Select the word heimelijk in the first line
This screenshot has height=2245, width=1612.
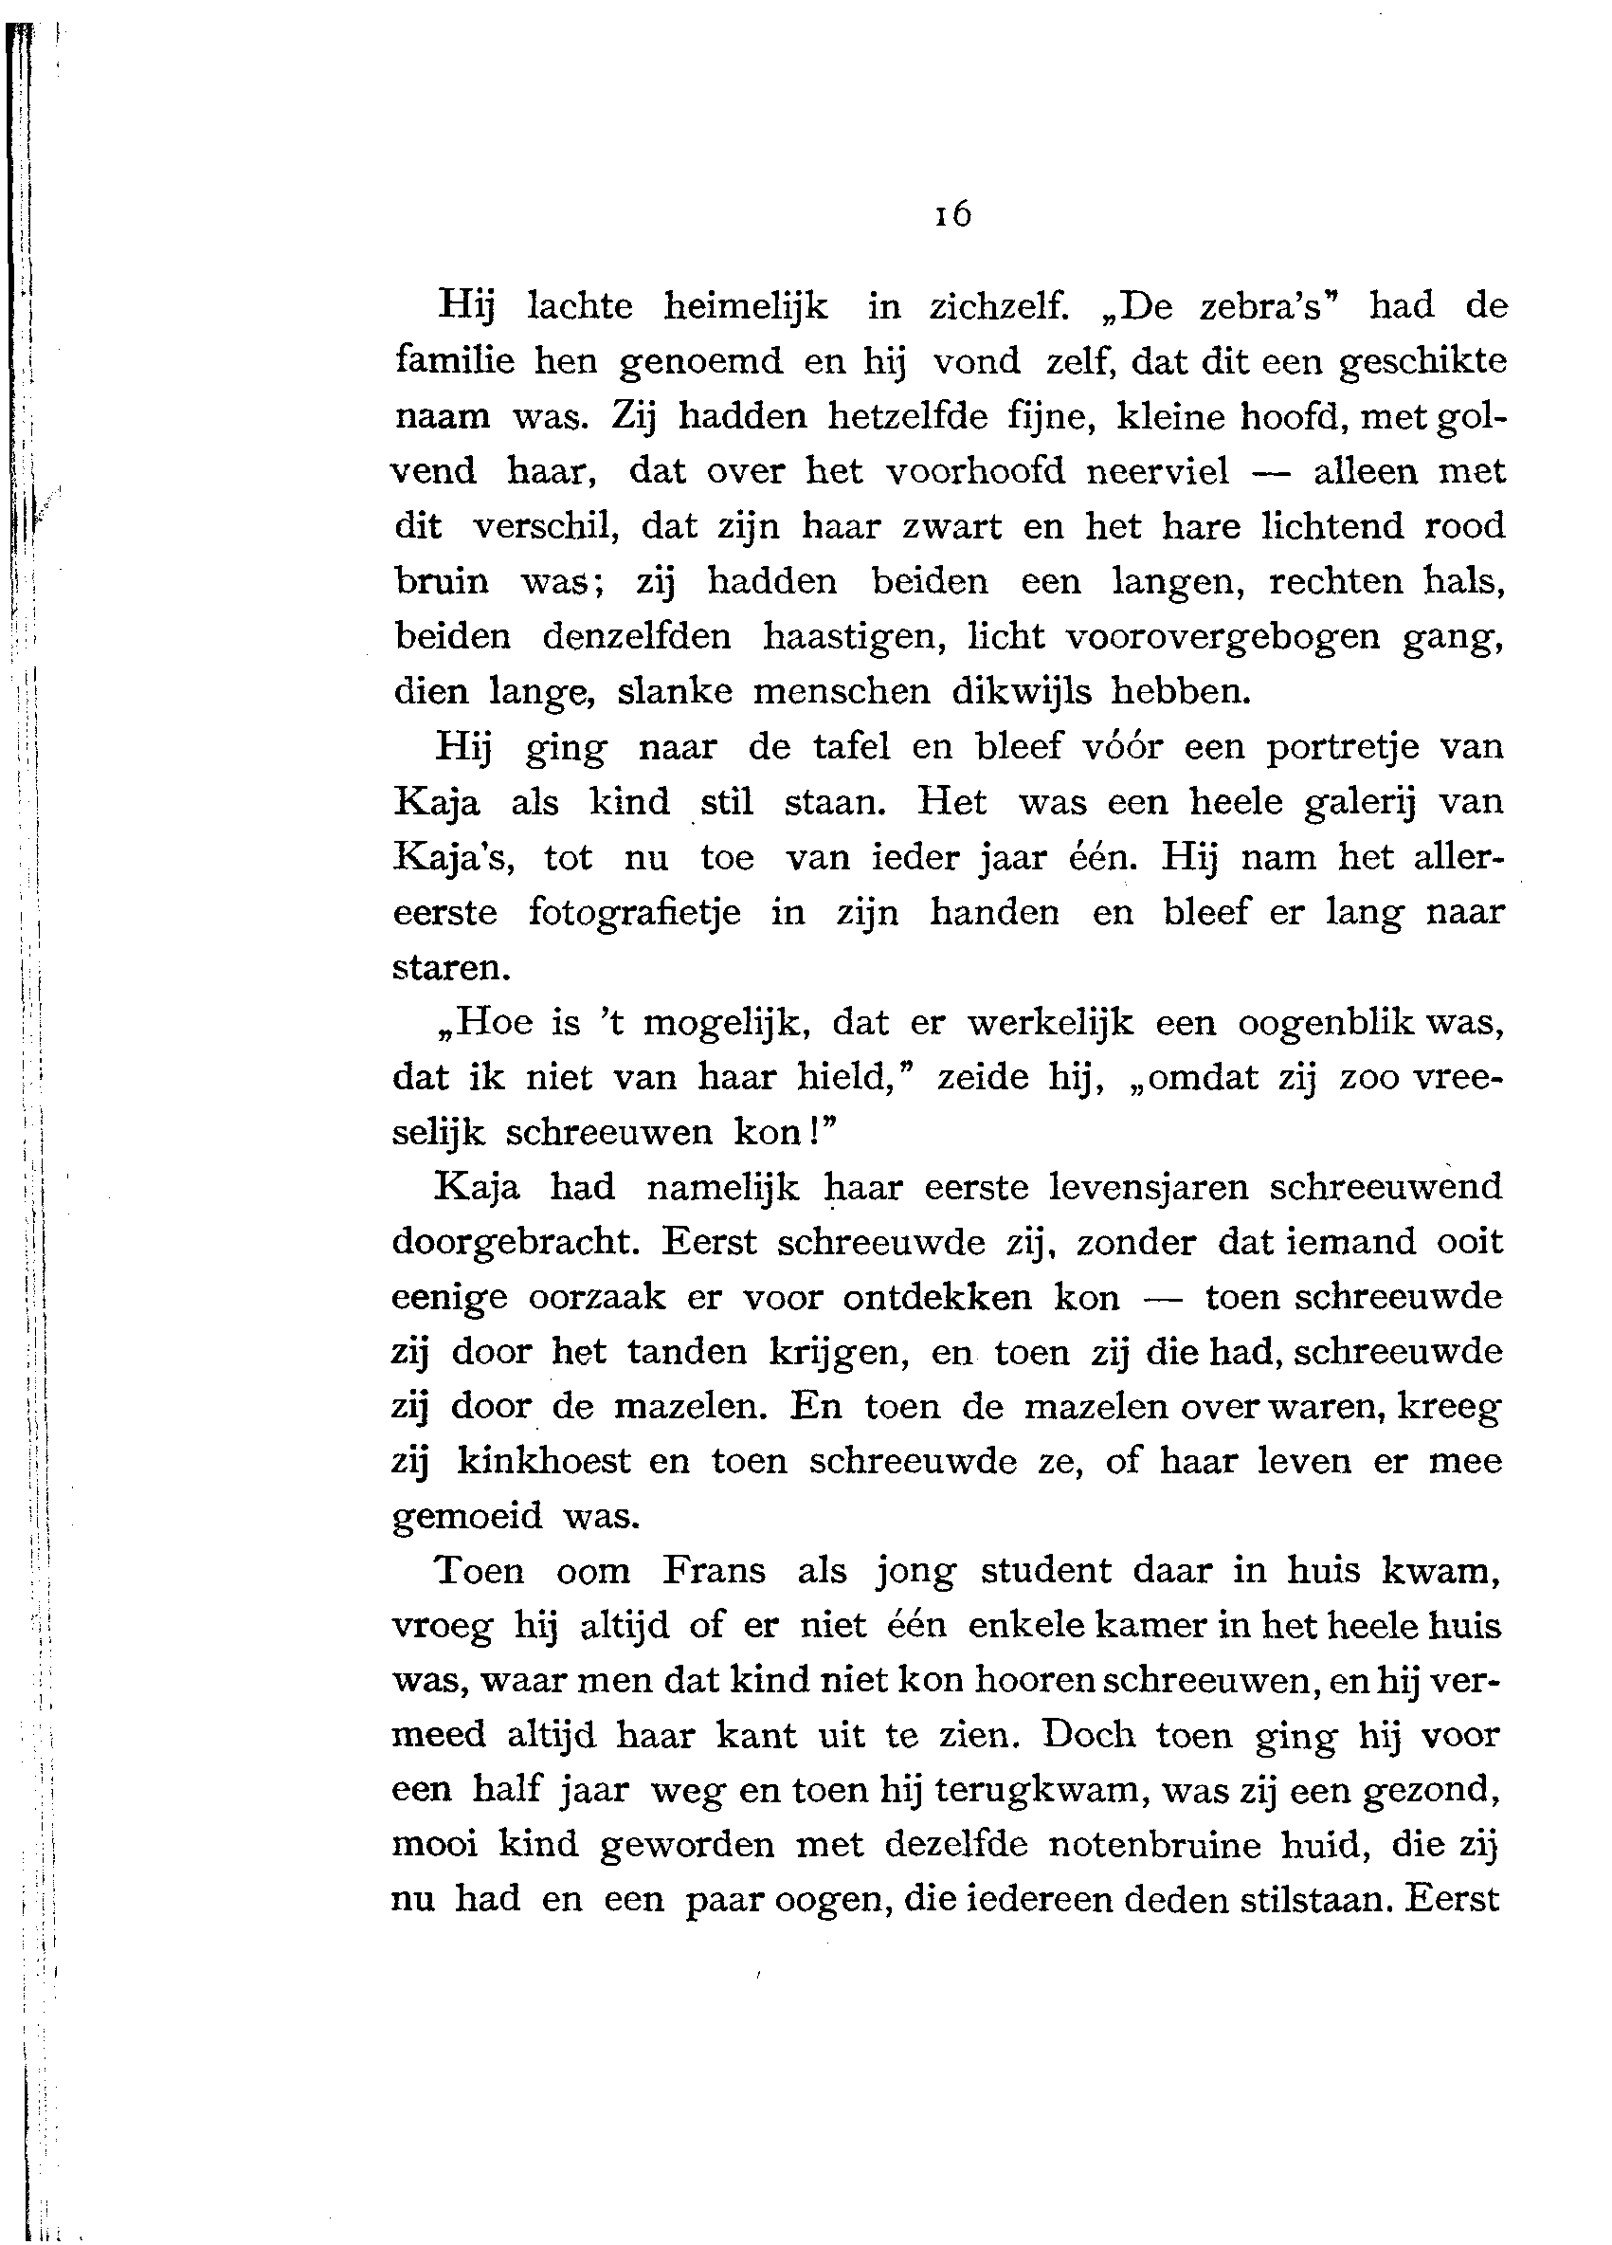coord(745,307)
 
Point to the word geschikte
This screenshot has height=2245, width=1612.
coord(1423,362)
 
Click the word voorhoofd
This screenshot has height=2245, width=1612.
coord(975,471)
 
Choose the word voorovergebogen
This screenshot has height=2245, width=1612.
coord(1223,635)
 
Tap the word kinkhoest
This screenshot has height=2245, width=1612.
coord(543,1461)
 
